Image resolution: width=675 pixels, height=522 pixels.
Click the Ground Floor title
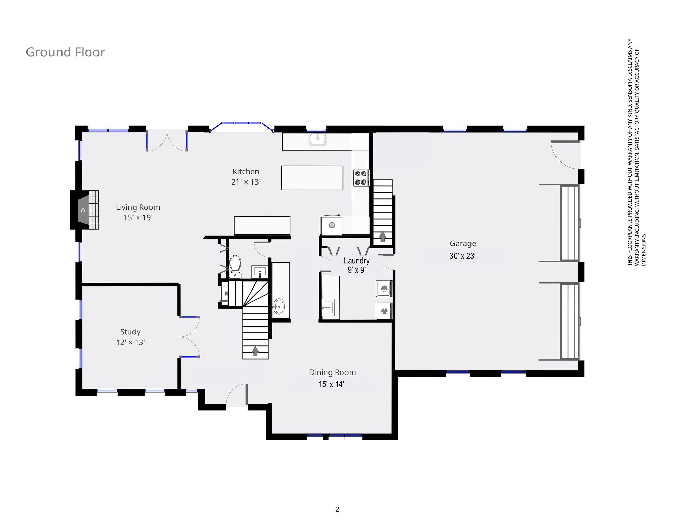65,52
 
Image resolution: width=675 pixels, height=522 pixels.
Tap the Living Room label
138,207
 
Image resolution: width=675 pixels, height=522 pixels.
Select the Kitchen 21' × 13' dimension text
246,182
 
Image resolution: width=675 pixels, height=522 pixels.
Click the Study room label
130,332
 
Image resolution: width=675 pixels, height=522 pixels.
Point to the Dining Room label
333,372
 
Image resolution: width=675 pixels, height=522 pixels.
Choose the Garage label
463,244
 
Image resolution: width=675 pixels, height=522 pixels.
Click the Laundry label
357,261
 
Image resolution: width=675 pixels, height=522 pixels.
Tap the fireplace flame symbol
83,210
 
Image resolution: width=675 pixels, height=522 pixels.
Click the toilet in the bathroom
235,267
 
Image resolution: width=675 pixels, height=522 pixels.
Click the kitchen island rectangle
312,178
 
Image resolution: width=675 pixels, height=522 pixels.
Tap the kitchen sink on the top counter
318,139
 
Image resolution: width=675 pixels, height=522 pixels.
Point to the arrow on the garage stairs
383,236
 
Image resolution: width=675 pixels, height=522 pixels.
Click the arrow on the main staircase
255,351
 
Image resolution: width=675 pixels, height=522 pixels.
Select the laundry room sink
328,307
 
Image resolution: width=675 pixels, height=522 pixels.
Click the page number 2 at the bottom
337,509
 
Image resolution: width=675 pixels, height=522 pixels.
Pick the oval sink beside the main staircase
279,307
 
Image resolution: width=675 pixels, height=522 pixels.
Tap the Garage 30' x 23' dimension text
463,256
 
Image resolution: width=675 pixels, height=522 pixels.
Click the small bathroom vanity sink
260,272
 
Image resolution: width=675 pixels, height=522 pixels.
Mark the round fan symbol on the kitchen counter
332,225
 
